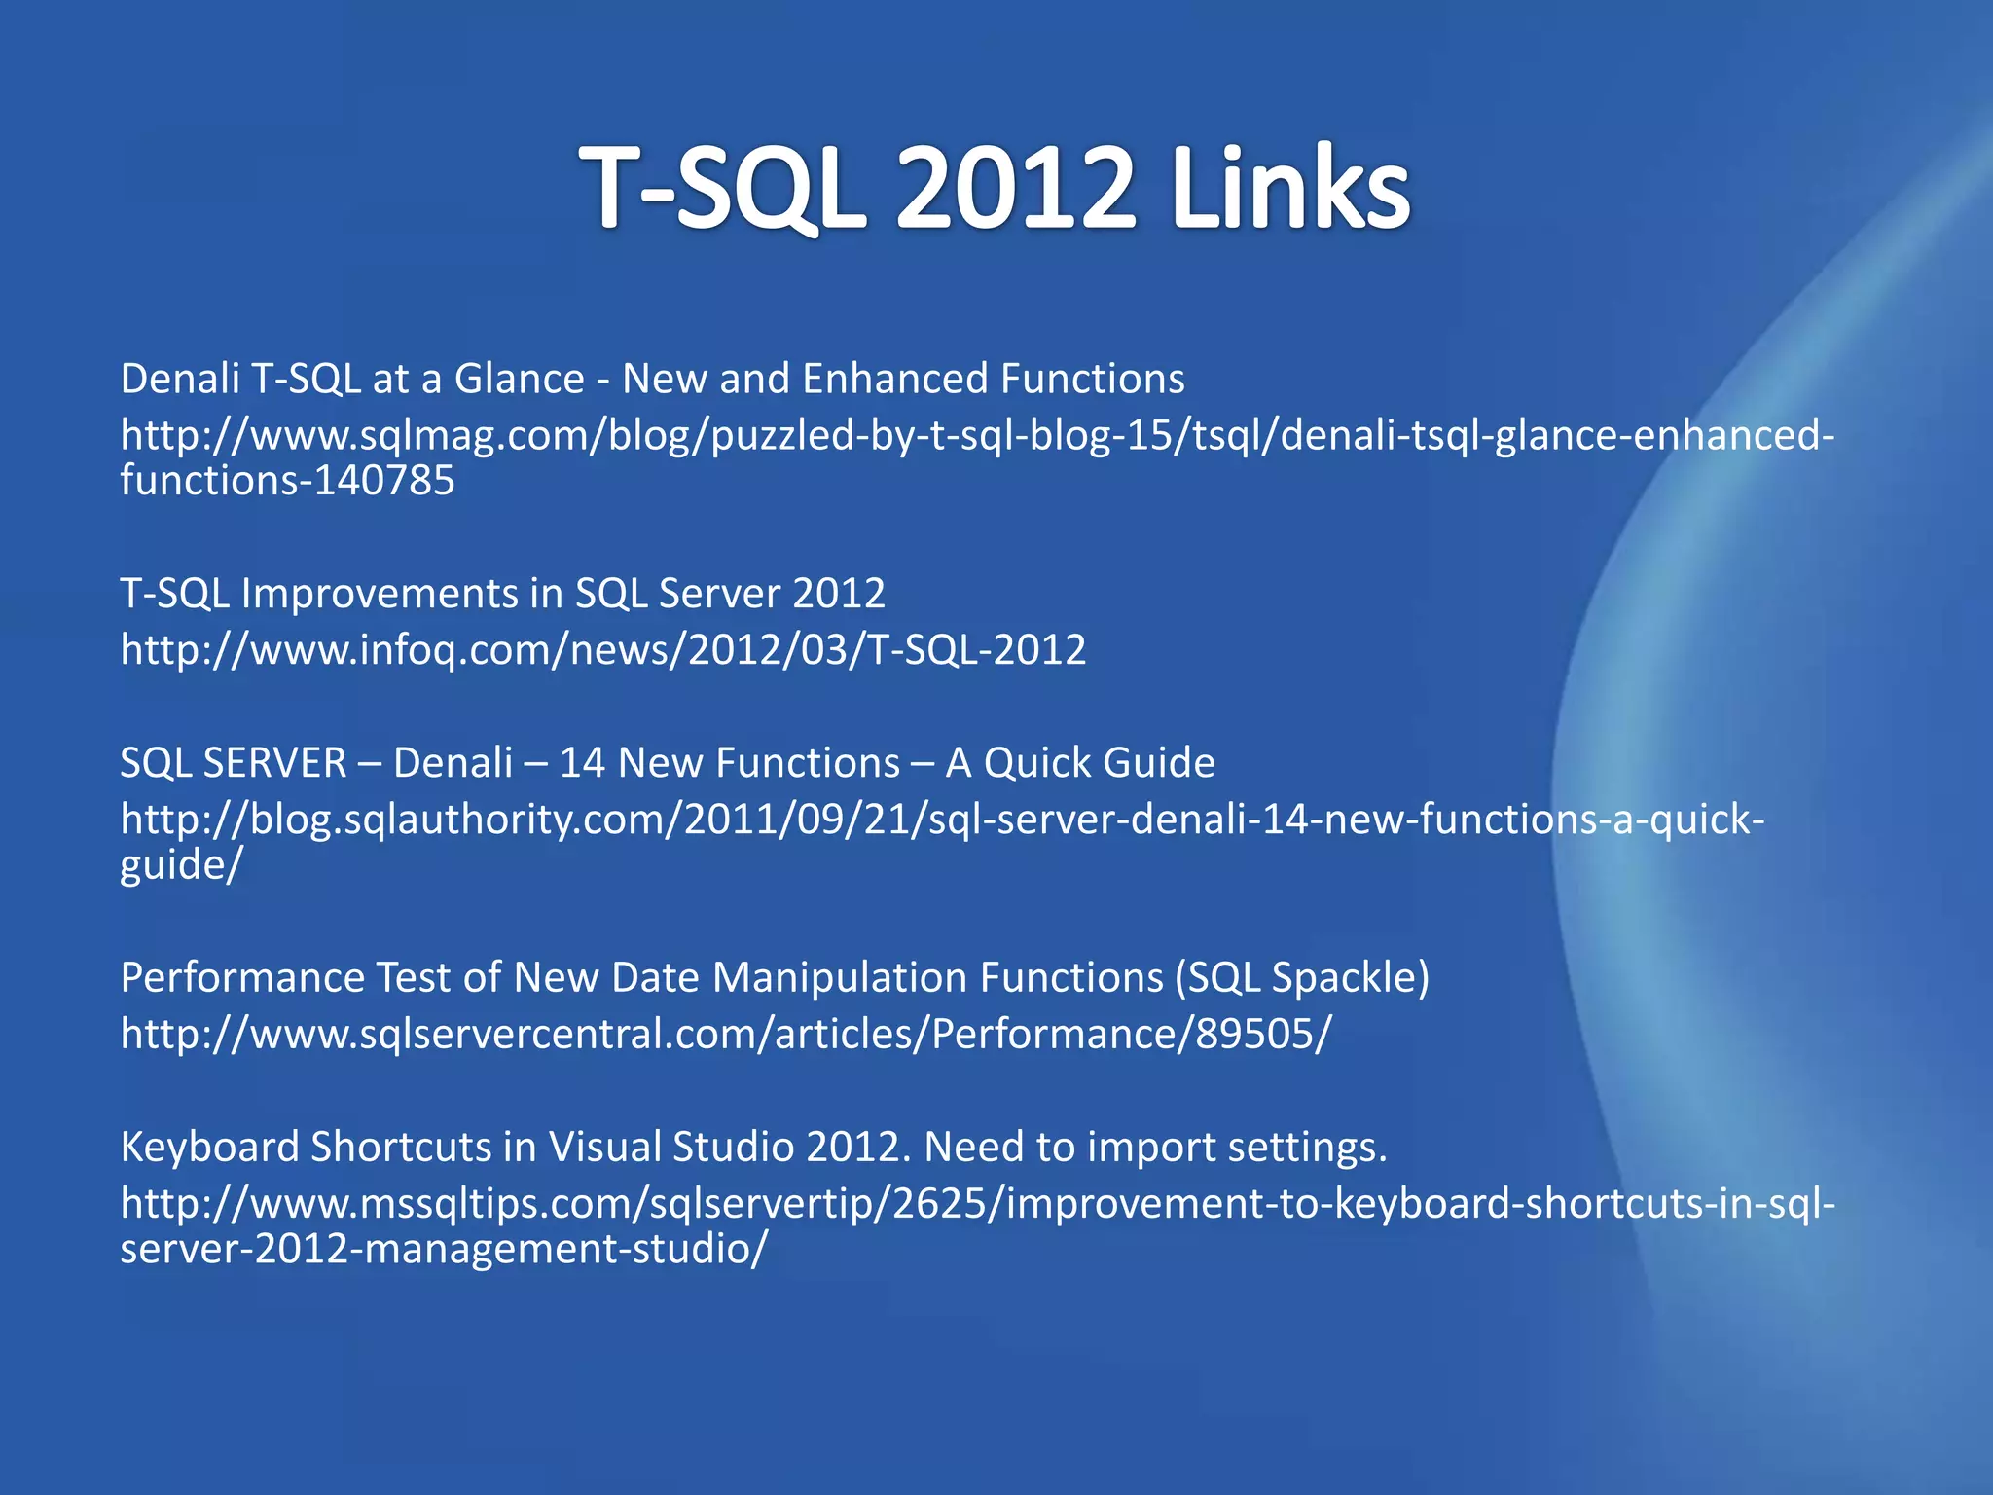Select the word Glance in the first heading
click(519, 379)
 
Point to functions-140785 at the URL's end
click(287, 480)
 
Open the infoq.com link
click(602, 649)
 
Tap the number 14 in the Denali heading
click(582, 762)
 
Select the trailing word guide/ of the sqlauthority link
click(180, 864)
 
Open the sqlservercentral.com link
click(725, 1034)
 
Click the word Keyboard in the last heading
click(209, 1147)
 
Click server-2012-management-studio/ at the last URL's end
click(444, 1249)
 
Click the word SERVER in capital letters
click(273, 762)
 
